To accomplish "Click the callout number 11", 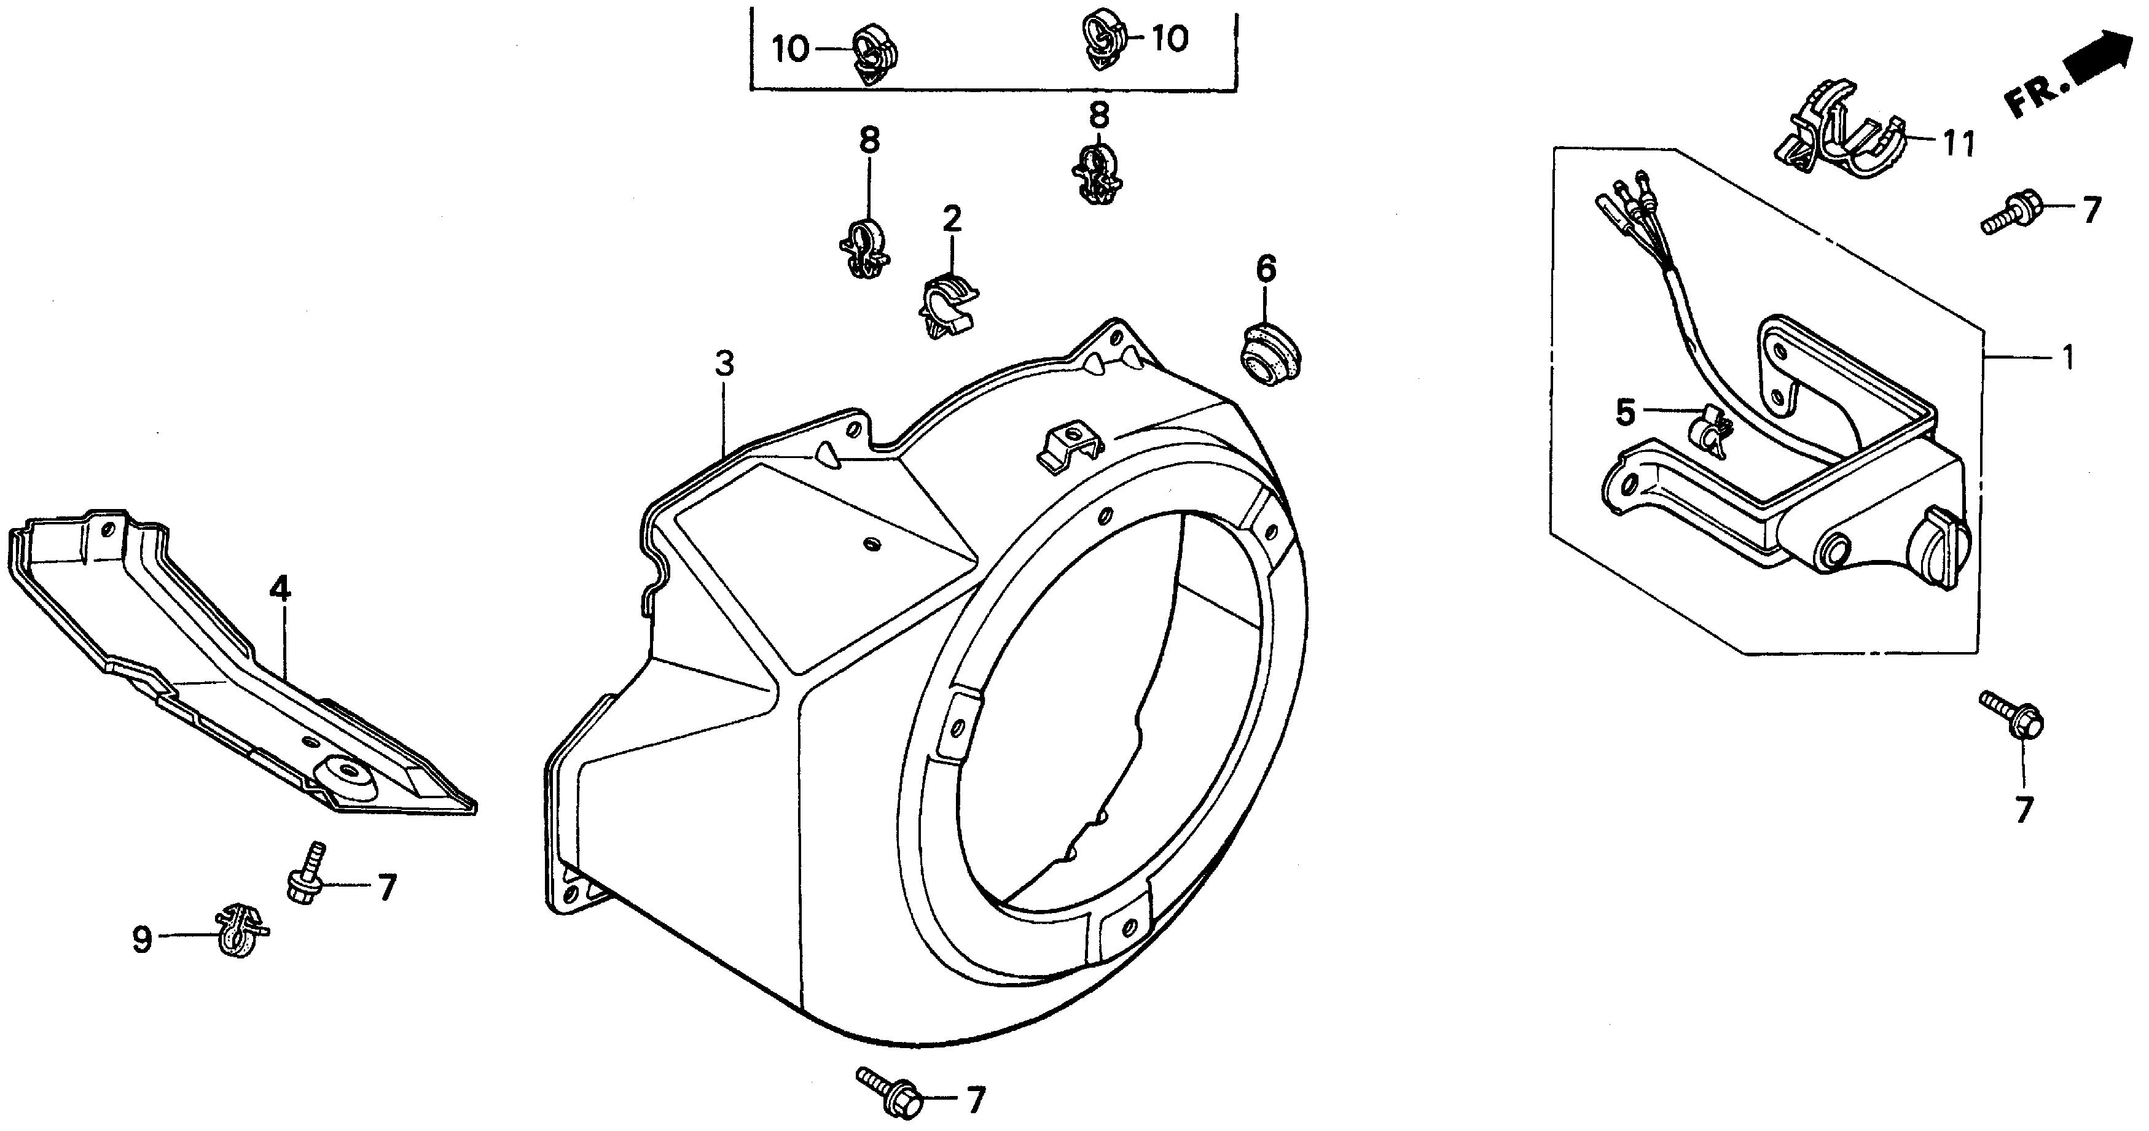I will pyautogui.click(x=1957, y=145).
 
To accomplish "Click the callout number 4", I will pyautogui.click(x=280, y=589).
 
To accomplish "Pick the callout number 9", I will pyautogui.click(x=143, y=940).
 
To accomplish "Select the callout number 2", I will pyautogui.click(x=952, y=219).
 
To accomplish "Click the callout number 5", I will pyautogui.click(x=1625, y=412).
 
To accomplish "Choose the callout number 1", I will pyautogui.click(x=2067, y=358).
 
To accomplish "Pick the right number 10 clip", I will pyautogui.click(x=1103, y=38).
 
